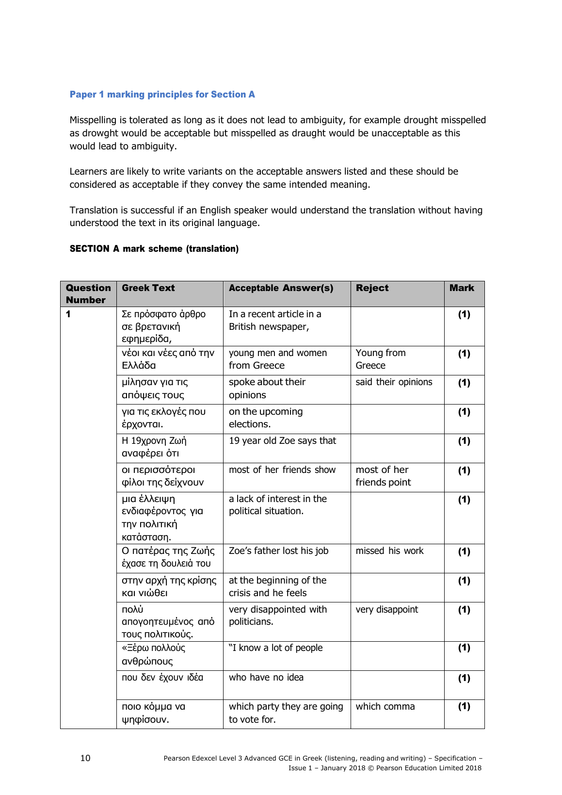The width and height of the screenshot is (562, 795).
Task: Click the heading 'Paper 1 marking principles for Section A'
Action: point(162,95)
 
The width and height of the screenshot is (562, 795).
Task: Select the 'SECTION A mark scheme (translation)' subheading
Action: point(154,249)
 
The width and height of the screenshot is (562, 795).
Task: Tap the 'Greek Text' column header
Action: point(148,288)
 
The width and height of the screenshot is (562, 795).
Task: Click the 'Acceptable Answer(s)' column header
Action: point(281,288)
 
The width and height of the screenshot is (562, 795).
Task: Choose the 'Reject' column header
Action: point(372,288)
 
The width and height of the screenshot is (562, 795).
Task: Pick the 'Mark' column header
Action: point(462,288)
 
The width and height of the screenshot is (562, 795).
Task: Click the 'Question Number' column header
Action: point(88,294)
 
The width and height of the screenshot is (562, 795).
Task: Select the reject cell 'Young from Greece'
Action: point(381,359)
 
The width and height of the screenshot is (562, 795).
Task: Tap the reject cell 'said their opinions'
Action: point(394,382)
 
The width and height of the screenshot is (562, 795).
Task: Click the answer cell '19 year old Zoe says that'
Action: point(282,441)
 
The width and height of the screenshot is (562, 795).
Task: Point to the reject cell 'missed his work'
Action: point(389,551)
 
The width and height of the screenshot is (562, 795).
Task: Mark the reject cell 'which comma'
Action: point(385,707)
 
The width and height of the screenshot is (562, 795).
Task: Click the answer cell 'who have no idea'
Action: point(266,678)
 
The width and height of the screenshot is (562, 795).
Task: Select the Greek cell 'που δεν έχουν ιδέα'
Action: point(162,678)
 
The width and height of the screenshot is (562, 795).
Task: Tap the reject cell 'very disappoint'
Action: point(386,610)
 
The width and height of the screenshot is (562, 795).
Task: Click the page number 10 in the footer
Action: point(85,758)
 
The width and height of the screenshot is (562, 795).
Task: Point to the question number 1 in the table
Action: point(68,314)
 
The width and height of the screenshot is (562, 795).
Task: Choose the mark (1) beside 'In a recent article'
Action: point(464,314)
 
